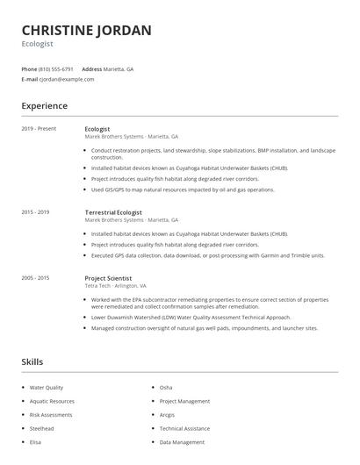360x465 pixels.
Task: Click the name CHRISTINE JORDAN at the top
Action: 86,31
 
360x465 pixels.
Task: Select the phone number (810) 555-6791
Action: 56,68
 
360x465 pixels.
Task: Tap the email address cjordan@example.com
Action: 67,79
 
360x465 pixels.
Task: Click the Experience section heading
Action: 44,106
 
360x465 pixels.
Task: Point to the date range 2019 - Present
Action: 39,129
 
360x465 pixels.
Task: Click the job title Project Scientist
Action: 107,278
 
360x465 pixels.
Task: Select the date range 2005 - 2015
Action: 35,278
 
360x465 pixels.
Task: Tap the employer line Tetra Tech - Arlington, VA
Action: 115,286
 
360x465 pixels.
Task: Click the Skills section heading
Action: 32,361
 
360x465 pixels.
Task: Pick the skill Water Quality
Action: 47,387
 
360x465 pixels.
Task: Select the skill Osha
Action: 166,387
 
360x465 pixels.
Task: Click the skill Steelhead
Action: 42,429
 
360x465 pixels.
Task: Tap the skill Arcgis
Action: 168,415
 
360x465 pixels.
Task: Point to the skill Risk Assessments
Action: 51,415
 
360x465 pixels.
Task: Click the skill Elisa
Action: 36,443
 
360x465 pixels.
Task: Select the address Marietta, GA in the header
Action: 119,68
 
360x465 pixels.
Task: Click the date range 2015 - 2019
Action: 35,212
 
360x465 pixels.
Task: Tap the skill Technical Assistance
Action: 184,429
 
